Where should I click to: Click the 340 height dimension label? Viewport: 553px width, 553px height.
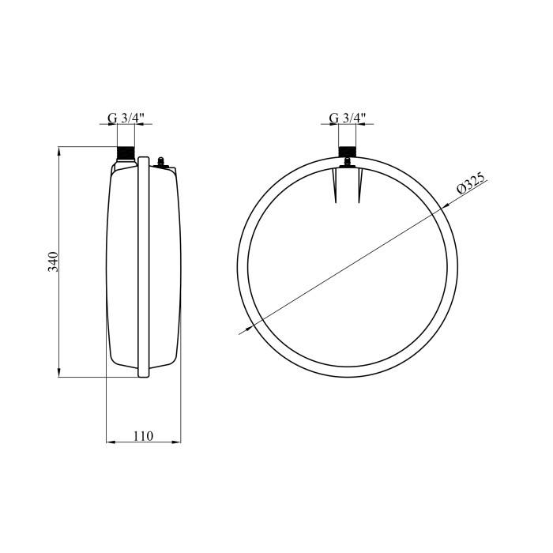point(53,261)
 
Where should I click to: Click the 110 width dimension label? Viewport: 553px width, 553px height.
point(143,436)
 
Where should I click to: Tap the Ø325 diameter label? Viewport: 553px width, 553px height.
point(471,183)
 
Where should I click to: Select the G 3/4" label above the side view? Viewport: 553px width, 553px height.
point(126,118)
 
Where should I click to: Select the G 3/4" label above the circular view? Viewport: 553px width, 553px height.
point(348,118)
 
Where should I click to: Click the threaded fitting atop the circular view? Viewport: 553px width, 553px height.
point(348,152)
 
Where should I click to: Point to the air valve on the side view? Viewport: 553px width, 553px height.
point(161,162)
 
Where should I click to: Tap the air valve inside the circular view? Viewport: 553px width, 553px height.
point(348,163)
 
